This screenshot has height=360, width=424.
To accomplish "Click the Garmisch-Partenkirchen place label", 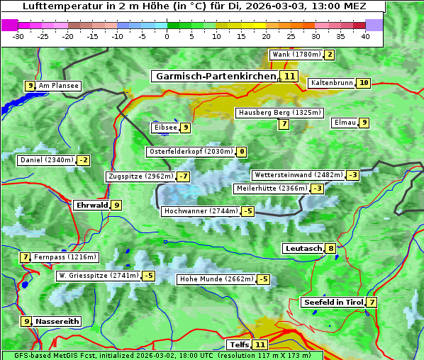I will pos(214,76).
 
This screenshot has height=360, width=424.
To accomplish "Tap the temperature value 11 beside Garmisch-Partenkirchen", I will pos(289,76).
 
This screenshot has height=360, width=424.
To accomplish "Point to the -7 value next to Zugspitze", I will pos(183,176).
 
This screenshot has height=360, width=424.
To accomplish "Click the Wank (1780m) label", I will pos(296,55).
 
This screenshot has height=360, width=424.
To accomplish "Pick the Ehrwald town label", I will pos(91,205).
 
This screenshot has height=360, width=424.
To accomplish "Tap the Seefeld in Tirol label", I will pos(333,303).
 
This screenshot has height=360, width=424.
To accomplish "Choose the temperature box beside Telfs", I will pos(260,345).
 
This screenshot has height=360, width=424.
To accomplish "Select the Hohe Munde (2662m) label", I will pos(215,279).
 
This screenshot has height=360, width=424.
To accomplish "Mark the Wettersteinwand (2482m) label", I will pos(298,175).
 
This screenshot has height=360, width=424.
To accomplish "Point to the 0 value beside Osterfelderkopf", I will pos(242,152).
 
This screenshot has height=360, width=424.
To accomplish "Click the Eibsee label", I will pos(164,128).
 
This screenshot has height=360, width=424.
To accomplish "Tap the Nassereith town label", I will pos(57,321).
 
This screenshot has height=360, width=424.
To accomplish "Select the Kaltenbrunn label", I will pos(331,83).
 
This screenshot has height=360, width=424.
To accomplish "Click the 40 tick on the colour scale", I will pos(365,36).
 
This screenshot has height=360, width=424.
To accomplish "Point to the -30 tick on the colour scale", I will pos(18,36).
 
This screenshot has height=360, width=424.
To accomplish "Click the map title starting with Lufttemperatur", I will pos(194,7).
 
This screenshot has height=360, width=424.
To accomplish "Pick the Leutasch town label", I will pos(303,248).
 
